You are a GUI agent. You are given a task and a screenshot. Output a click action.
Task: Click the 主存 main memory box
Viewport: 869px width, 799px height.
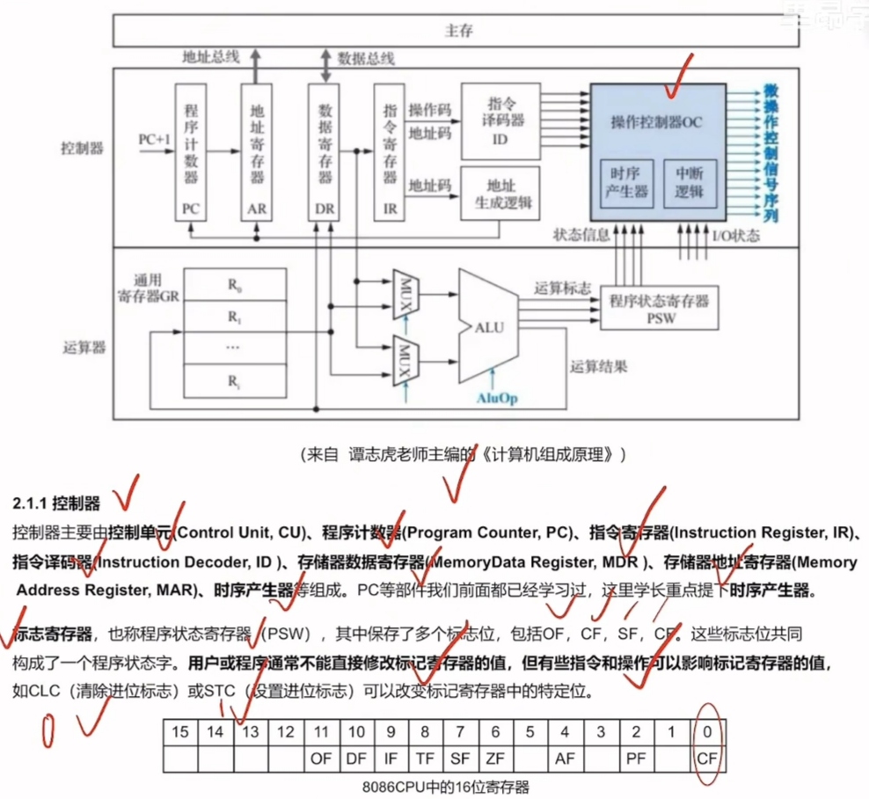point(458,31)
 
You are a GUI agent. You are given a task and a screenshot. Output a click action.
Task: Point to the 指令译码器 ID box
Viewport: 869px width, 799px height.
point(500,122)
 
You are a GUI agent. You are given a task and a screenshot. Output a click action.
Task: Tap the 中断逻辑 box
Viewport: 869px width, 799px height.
point(690,184)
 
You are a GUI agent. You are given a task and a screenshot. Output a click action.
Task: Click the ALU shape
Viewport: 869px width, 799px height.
point(488,326)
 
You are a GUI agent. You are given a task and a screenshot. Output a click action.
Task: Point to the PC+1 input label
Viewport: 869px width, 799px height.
point(154,139)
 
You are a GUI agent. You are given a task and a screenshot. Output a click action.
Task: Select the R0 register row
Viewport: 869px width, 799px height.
point(233,284)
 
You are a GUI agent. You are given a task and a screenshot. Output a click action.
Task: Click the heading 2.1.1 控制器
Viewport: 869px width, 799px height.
point(57,504)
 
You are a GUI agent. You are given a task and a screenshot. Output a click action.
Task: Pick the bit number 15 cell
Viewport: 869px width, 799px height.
point(181,732)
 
